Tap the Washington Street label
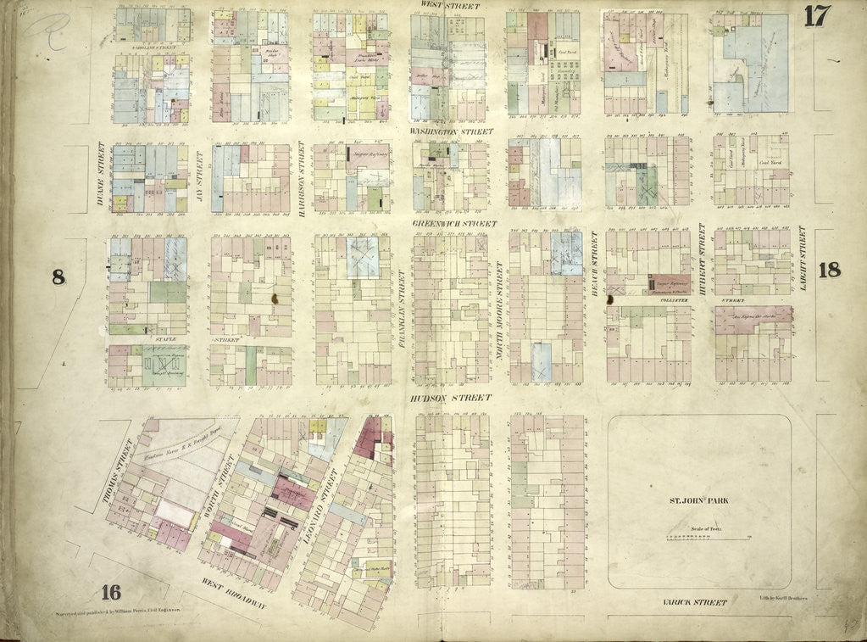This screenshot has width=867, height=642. (452, 132)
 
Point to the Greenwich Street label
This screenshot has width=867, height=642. (453, 224)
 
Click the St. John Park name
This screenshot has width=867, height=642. (699, 500)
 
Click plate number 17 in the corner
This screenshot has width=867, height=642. (817, 17)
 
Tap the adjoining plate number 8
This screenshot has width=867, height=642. (58, 276)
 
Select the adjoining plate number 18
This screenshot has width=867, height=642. (830, 271)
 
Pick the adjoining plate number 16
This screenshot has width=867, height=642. (109, 592)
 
